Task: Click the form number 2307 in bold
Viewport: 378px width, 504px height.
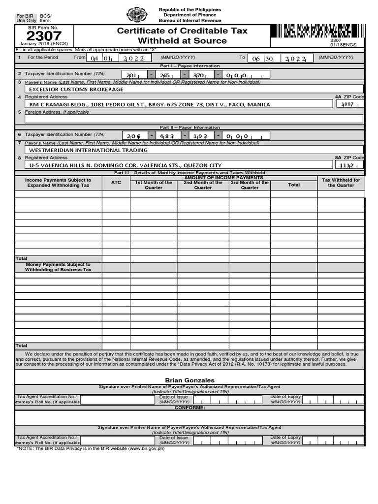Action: (x=44, y=36)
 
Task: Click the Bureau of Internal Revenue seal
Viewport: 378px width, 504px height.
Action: (x=137, y=15)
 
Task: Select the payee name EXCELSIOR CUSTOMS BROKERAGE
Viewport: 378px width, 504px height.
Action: (x=76, y=90)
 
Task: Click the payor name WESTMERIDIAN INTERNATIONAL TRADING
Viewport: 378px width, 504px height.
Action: (x=88, y=150)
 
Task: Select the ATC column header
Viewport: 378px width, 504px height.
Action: (x=116, y=182)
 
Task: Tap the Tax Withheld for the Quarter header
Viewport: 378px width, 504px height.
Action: (x=341, y=183)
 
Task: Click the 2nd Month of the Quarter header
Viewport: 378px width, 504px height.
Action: (x=203, y=185)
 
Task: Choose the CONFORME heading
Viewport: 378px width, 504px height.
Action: (x=189, y=408)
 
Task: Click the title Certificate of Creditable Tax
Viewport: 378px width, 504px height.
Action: (x=182, y=31)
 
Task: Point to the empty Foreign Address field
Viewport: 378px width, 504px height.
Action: (x=189, y=119)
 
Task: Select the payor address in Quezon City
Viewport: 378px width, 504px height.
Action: (x=126, y=165)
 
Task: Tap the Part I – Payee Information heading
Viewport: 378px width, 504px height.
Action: (x=189, y=66)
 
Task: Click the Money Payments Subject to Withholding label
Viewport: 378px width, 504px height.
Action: (x=58, y=267)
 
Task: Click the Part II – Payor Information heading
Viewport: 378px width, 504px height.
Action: (x=189, y=127)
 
